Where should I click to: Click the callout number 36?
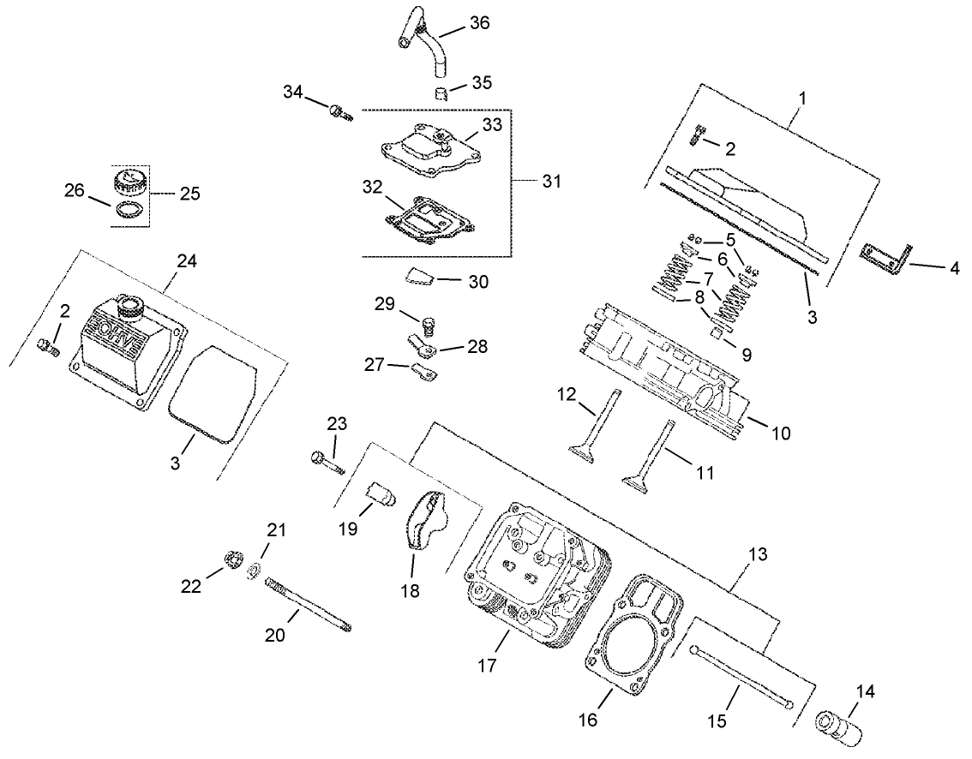click(x=479, y=23)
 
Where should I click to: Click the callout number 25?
click(x=189, y=194)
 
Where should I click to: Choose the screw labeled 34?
click(x=340, y=111)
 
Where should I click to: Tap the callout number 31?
click(x=554, y=182)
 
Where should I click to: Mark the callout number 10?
click(x=781, y=433)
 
